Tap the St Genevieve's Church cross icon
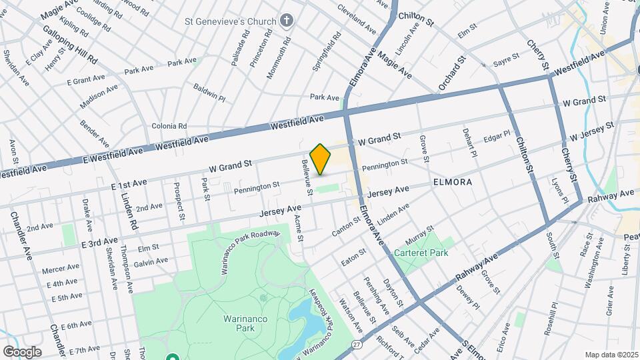[x=287, y=21]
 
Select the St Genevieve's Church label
[x=230, y=21]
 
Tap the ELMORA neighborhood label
[x=452, y=181]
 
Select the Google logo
[x=21, y=352]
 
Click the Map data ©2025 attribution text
[x=611, y=355]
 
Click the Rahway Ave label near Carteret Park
[x=477, y=265]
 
